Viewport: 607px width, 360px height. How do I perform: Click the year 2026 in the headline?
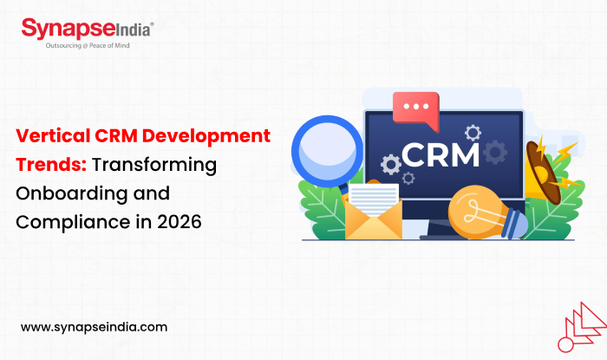click(179, 221)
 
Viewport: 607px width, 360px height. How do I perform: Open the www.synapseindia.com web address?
click(93, 327)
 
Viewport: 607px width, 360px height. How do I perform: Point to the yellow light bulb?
click(482, 206)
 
